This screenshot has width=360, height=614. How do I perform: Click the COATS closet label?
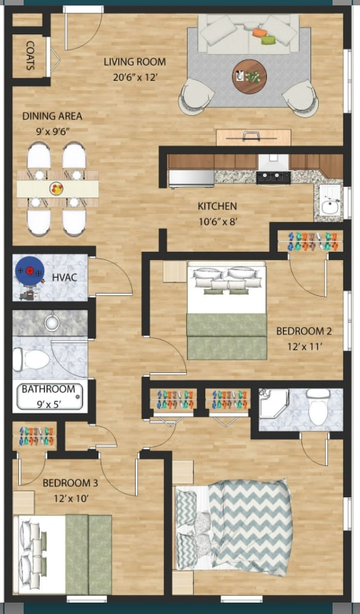30,55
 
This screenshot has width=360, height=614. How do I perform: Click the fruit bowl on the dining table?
57,187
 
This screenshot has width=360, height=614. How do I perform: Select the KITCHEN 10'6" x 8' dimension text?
217,213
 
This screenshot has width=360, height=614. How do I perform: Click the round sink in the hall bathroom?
53,323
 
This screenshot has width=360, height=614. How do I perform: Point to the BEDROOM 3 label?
70,489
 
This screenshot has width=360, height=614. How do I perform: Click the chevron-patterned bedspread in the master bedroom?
248,526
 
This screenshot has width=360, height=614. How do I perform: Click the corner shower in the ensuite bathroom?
272,404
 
